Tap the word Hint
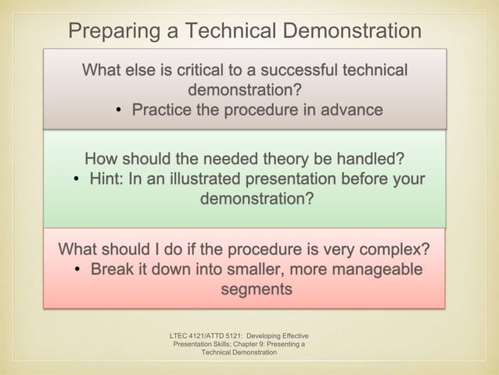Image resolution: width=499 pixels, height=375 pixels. [x=106, y=180]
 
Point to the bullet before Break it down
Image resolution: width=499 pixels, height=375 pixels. [x=79, y=271]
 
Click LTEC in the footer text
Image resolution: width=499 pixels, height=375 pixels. [x=180, y=334]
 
